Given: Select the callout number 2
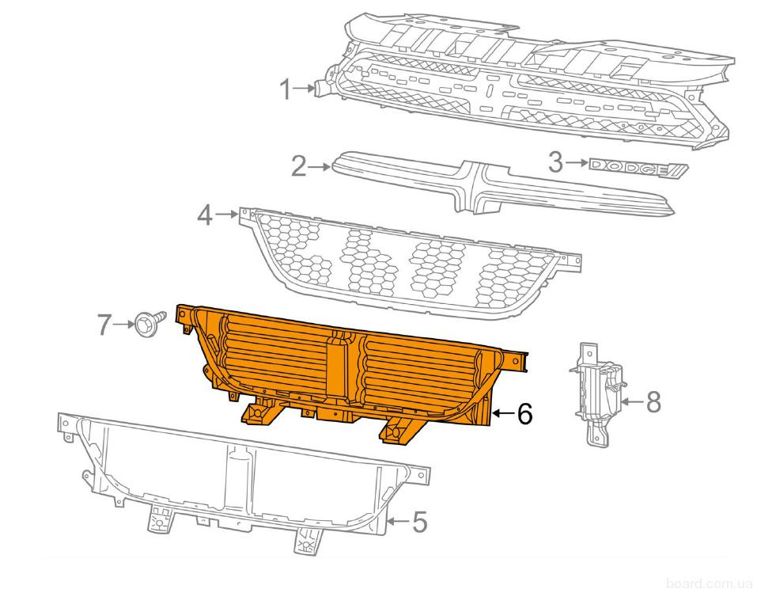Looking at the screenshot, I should (x=298, y=166).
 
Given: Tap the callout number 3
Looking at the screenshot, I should (x=556, y=163).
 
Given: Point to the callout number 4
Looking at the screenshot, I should (x=204, y=215).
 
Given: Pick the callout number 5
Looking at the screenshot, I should (x=419, y=522).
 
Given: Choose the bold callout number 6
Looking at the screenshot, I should (x=524, y=414).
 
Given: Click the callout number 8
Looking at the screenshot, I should (x=653, y=402).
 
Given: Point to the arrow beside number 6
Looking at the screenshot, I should (x=502, y=413).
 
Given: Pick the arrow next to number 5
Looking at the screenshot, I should (x=396, y=522).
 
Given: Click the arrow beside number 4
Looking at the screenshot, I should (x=225, y=214).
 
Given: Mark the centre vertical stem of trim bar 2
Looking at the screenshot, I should (x=467, y=188).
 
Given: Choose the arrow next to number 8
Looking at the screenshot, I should (x=630, y=402).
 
